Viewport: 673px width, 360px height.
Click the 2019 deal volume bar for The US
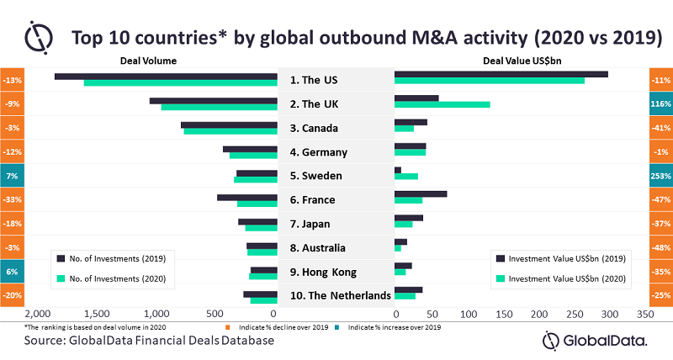click(x=166, y=77)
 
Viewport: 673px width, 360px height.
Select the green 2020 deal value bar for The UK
click(x=442, y=104)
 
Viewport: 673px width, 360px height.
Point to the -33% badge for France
click(x=13, y=199)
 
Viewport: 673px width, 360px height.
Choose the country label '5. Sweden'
click(x=336, y=176)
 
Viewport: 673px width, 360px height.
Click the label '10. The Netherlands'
click(x=336, y=295)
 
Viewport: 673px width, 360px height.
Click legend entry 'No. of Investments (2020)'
click(x=116, y=278)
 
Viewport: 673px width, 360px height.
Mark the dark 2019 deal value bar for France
click(x=421, y=194)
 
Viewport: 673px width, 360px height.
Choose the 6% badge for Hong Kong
click(x=13, y=272)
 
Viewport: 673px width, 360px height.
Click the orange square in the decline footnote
click(x=226, y=326)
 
